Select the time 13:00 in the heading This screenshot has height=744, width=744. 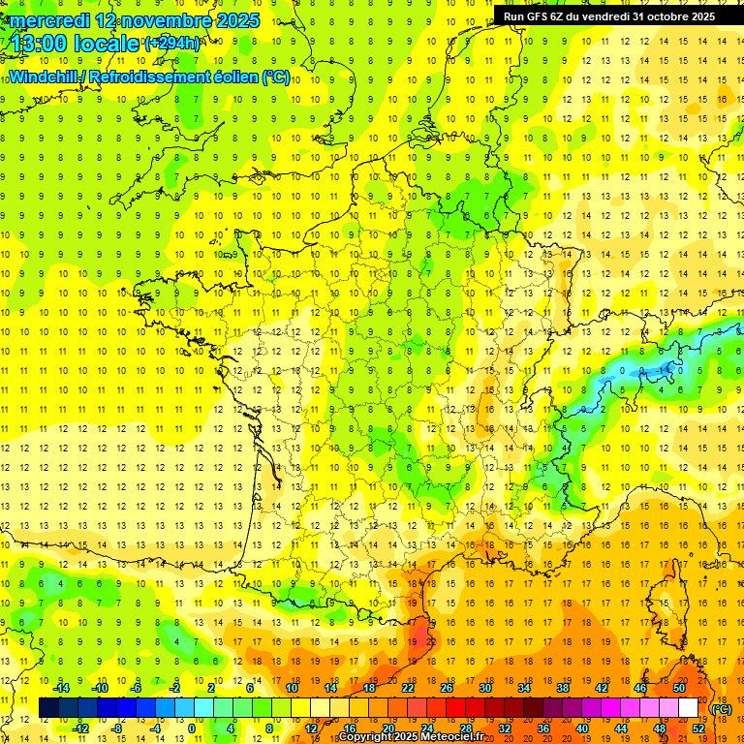pos(44,44)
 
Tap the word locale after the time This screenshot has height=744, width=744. pos(109,44)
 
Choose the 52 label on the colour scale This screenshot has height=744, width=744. pos(697,728)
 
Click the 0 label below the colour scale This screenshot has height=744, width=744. pos(192,728)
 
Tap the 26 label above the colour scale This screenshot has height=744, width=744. pos(447,688)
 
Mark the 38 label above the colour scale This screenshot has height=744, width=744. pos(562,688)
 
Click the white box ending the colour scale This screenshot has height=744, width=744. pos(688,708)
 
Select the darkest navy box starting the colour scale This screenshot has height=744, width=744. pos(48,708)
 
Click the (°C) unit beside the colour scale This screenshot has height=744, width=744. pos(722,709)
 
